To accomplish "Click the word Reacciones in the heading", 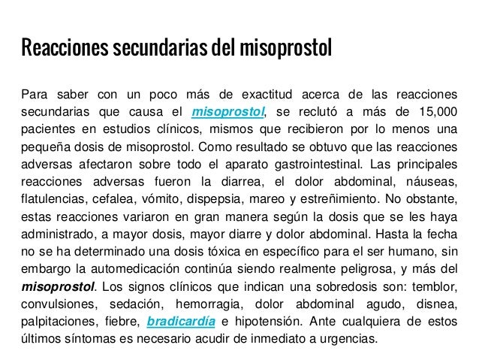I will pos(63,52).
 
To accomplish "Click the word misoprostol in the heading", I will pos(285,52).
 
